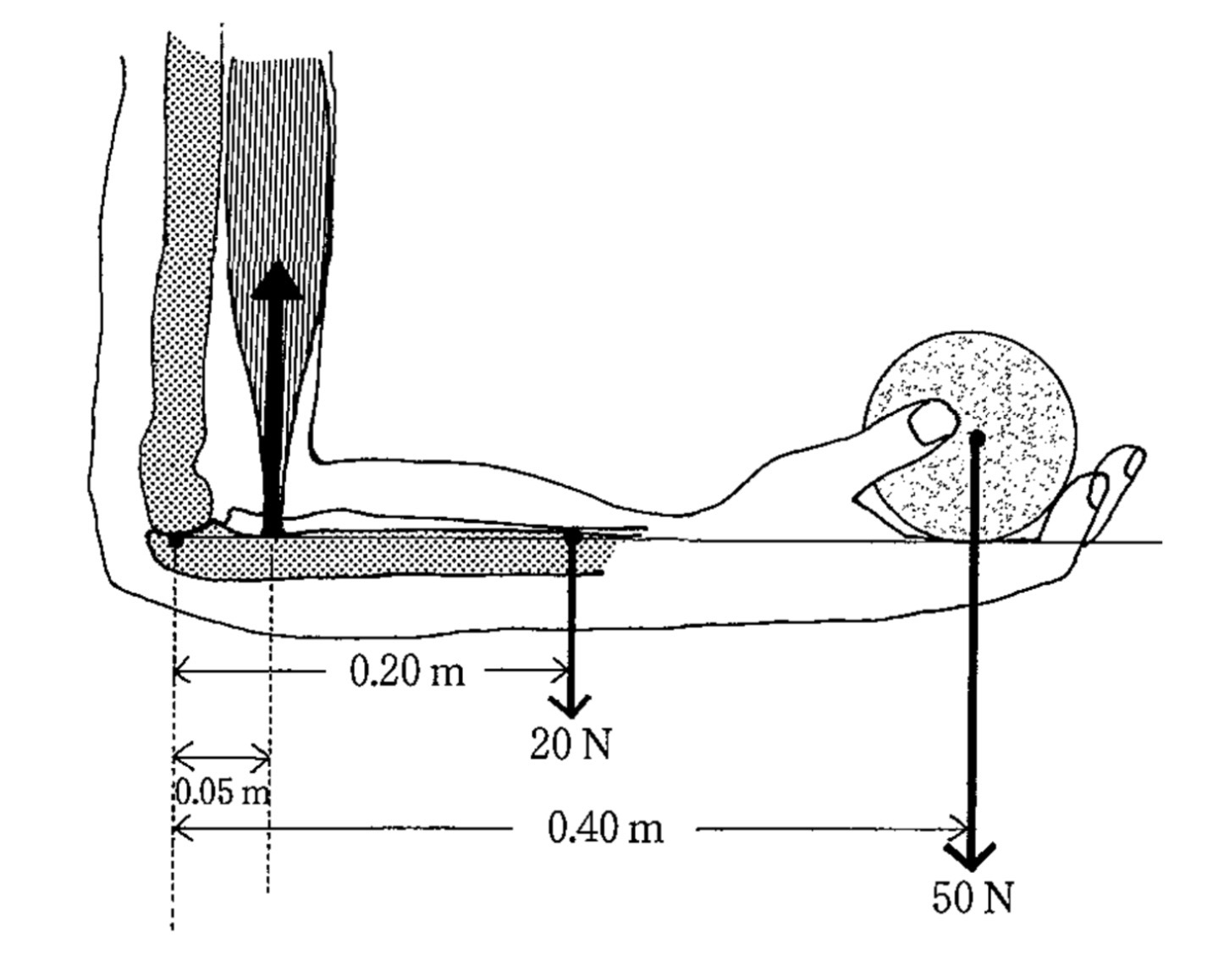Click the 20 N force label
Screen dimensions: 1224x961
click(570, 746)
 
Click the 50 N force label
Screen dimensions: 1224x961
click(973, 897)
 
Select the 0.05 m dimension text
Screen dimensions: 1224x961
click(222, 793)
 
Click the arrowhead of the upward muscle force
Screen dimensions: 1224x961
click(277, 280)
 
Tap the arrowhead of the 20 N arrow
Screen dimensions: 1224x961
click(571, 706)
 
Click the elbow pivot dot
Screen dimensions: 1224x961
click(175, 539)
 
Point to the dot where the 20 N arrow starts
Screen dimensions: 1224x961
click(573, 537)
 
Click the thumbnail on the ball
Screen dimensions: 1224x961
click(933, 421)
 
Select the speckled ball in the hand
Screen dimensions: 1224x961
click(970, 437)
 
